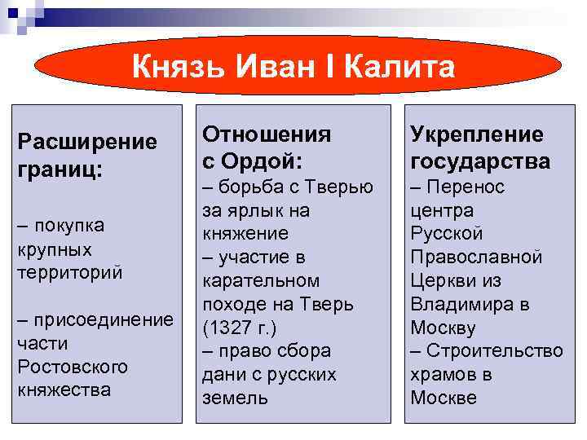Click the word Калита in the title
[399, 67]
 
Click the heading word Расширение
[87, 142]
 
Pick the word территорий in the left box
[69, 272]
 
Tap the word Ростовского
[73, 367]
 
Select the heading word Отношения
[267, 133]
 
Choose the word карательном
[261, 281]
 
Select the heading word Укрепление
[476, 134]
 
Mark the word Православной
[476, 257]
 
